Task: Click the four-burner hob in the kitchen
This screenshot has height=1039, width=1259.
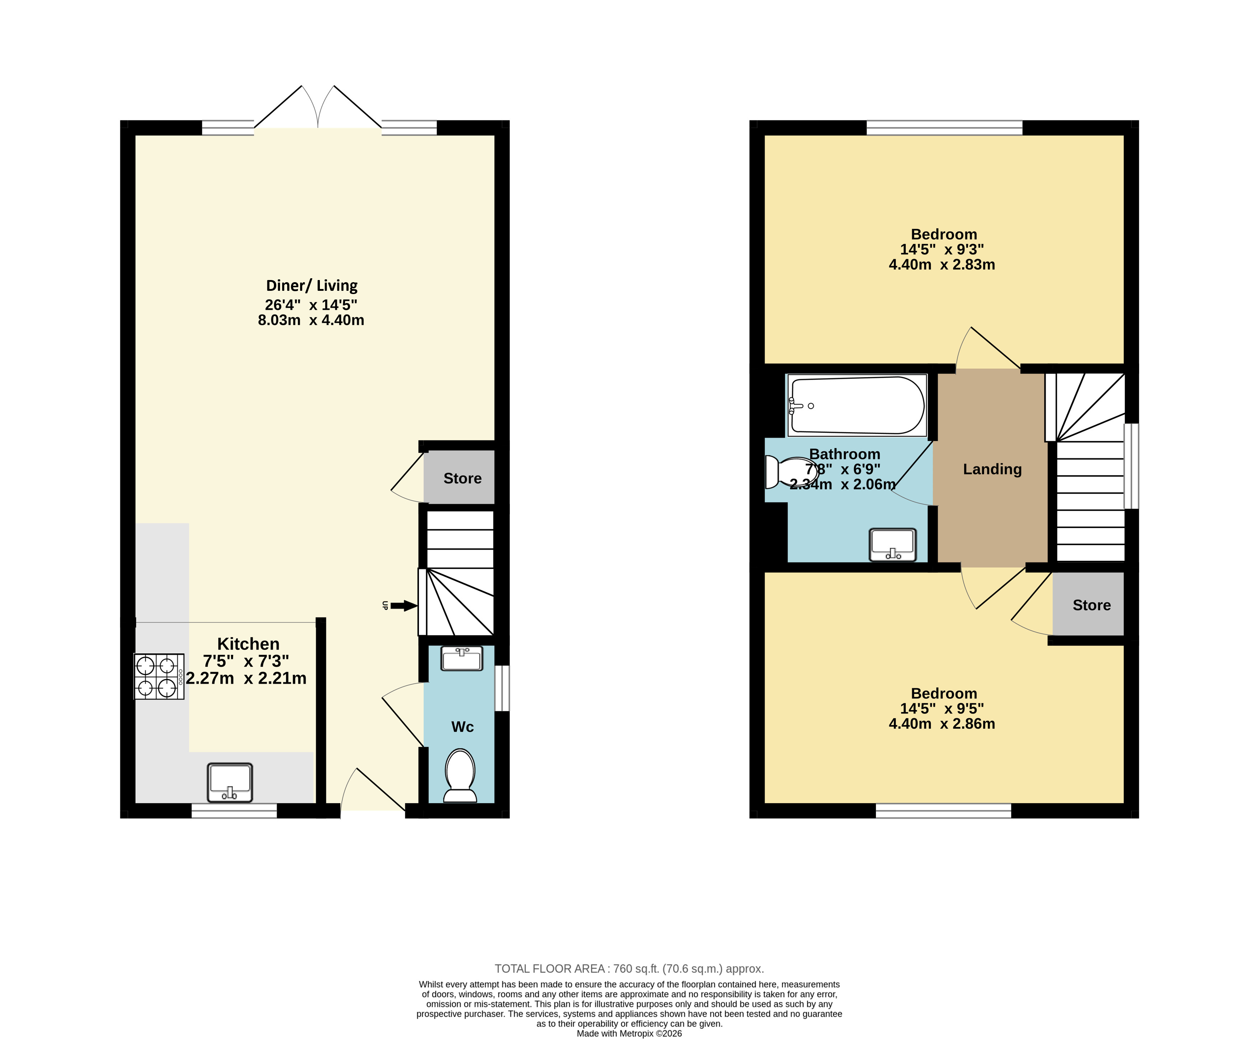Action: tap(159, 676)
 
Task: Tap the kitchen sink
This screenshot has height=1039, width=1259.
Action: tap(230, 782)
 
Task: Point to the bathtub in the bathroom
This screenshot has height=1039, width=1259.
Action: tap(857, 405)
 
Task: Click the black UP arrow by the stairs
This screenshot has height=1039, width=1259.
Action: tap(404, 606)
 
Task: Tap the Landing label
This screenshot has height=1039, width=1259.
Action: tap(992, 469)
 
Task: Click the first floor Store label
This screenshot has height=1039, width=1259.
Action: tap(1091, 605)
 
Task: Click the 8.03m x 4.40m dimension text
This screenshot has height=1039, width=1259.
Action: tap(311, 320)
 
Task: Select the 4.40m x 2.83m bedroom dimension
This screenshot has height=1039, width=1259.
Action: tap(942, 265)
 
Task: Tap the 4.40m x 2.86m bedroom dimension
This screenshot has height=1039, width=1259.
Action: tap(942, 723)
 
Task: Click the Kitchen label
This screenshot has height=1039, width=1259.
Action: tap(248, 644)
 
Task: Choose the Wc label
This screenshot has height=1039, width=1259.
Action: tap(462, 727)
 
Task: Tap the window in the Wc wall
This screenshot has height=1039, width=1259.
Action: tap(503, 688)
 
